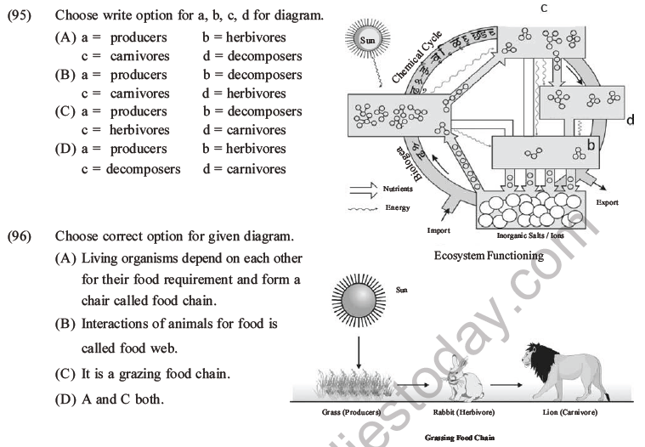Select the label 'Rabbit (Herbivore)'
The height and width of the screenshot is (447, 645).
coord(463,412)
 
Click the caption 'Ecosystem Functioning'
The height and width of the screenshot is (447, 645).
coord(489,255)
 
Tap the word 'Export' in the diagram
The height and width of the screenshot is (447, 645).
coord(607,203)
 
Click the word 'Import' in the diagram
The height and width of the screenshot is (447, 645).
coord(439,229)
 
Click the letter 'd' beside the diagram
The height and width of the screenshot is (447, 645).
coord(630,121)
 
